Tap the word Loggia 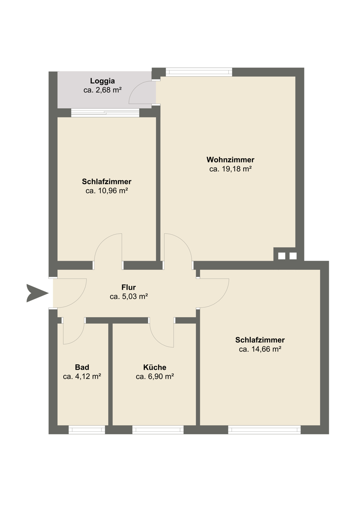102,81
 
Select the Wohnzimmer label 230,160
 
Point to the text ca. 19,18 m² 230,169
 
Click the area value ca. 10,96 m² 107,190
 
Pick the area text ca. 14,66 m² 260,349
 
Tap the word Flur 129,287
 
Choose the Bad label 82,367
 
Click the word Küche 155,367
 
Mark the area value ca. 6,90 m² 155,377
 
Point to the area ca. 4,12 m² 82,377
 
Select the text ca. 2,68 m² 102,90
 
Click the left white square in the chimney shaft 281,256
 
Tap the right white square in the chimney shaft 293,256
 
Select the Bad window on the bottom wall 87,430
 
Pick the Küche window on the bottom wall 158,430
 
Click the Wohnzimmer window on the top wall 199,72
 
